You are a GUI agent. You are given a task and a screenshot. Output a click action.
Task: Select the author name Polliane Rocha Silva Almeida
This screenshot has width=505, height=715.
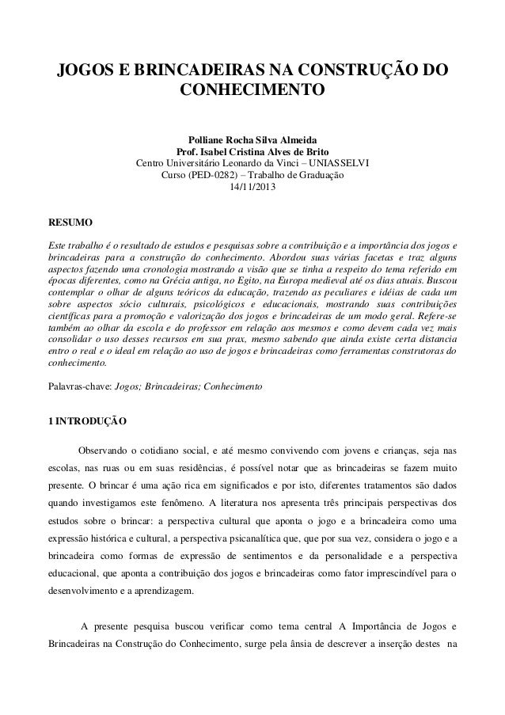tap(252, 139)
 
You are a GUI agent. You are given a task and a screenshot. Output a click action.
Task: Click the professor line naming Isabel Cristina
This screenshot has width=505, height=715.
tap(252, 152)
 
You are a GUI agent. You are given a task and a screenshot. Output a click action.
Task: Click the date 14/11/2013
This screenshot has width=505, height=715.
tap(252, 188)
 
